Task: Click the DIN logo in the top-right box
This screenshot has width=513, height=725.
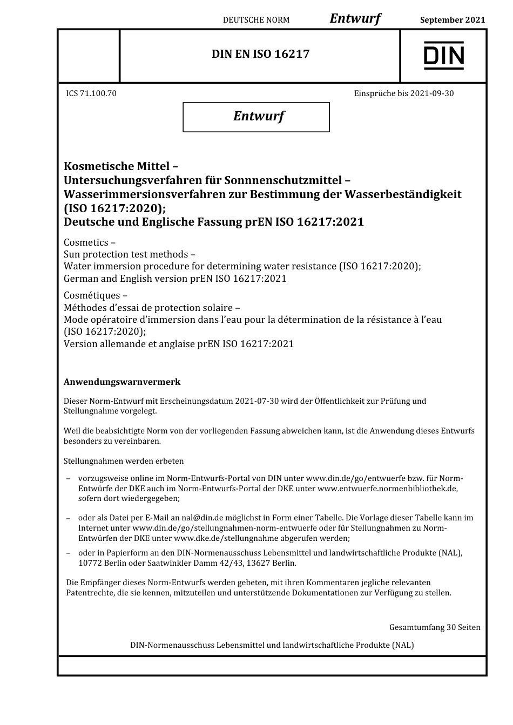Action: click(443, 56)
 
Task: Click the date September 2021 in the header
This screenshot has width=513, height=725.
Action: click(453, 20)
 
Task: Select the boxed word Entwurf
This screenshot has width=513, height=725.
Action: click(258, 116)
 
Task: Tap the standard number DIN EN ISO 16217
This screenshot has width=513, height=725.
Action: click(260, 54)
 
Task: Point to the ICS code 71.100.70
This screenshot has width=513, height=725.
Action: click(91, 93)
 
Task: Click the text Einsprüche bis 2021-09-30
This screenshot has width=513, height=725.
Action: click(403, 93)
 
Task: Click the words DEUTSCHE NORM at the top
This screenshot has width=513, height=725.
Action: click(256, 20)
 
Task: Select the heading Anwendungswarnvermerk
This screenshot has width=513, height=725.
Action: click(122, 382)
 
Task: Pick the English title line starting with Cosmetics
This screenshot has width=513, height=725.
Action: click(89, 242)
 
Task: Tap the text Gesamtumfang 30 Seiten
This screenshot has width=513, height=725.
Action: click(434, 627)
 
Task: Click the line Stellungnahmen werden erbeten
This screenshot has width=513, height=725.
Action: click(124, 461)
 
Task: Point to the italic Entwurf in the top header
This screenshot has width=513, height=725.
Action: click(355, 19)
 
